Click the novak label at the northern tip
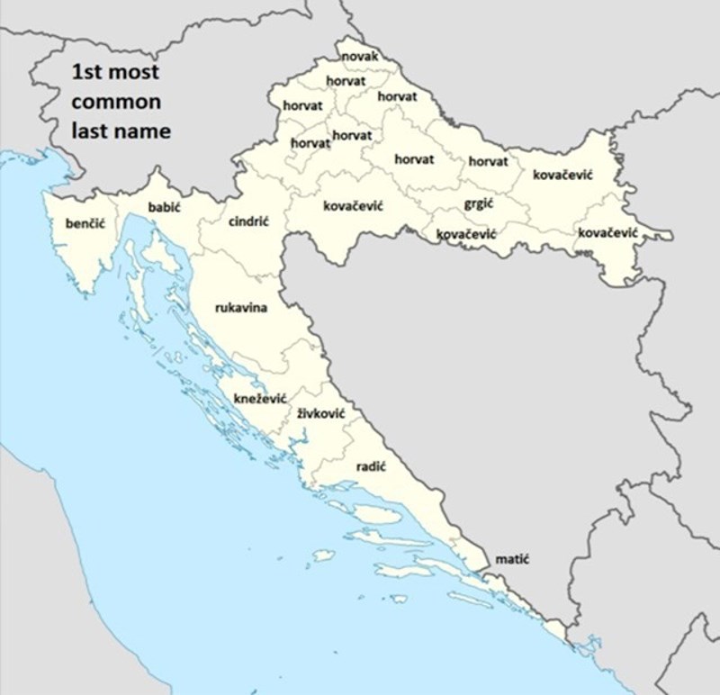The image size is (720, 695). [x=360, y=57]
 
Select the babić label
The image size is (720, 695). [x=165, y=207]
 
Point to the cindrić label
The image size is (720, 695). [x=249, y=221]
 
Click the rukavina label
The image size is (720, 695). [x=241, y=308]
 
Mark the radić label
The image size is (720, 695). [x=371, y=466]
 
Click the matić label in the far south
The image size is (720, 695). [x=512, y=559]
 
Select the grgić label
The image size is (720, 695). [x=478, y=203]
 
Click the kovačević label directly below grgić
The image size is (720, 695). [x=466, y=234]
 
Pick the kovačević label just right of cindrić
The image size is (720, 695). [x=353, y=206]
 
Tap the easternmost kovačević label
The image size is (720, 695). [x=607, y=233]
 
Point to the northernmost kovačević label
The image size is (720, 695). [x=562, y=174]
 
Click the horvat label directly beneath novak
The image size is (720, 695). [x=346, y=80]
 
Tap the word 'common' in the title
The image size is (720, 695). [x=116, y=101]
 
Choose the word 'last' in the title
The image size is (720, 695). [x=90, y=131]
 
